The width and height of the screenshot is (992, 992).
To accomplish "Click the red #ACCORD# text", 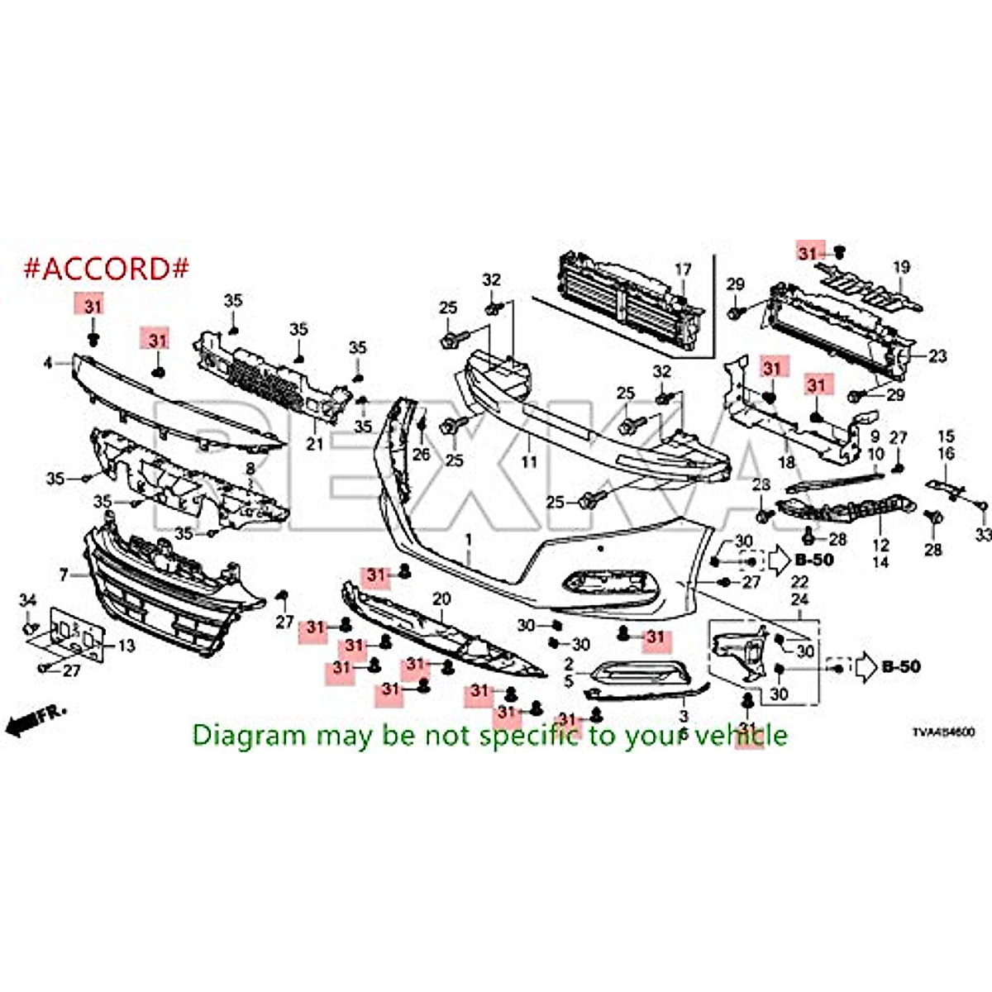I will click(107, 268).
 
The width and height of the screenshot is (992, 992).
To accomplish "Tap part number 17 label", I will click(682, 269).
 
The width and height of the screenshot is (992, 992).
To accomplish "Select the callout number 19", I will click(901, 267).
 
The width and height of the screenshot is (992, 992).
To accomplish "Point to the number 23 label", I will click(937, 356).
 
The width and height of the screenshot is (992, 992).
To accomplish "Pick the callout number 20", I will click(441, 599).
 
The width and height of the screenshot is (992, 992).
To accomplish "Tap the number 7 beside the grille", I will click(64, 574).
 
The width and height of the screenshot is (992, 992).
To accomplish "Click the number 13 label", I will click(126, 646).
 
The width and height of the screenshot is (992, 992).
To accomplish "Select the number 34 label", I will click(28, 599).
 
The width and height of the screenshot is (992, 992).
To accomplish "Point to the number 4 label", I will click(47, 362).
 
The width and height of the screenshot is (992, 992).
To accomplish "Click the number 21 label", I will click(314, 444).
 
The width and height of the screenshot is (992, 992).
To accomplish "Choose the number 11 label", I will click(529, 461).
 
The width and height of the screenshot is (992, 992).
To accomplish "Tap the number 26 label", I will click(422, 454).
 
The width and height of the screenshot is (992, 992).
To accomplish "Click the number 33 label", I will click(982, 536).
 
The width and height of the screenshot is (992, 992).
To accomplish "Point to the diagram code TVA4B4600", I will click(942, 732).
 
